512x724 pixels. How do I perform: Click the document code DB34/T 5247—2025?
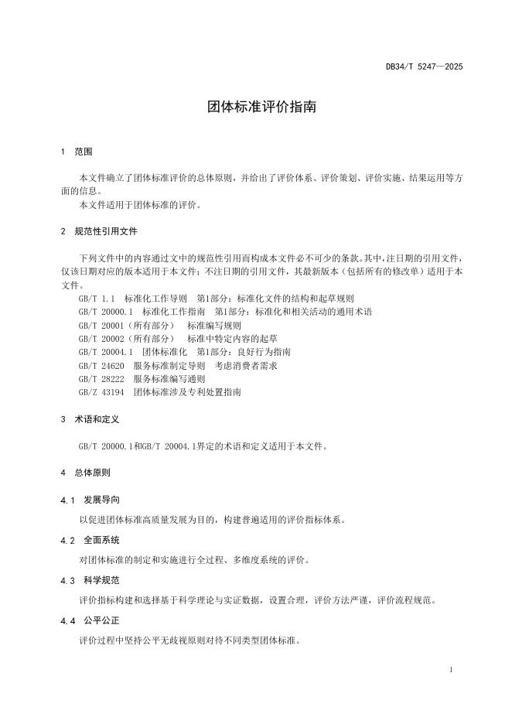424,67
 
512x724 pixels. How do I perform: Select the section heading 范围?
83,152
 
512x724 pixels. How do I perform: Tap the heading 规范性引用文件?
106,231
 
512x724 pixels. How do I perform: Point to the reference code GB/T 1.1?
97,298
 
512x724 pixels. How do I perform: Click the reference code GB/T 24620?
101,365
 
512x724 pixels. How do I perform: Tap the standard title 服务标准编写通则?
169,379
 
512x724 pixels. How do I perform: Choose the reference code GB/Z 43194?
101,392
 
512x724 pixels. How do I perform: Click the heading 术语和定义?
96,419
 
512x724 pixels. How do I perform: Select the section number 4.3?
67,580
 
